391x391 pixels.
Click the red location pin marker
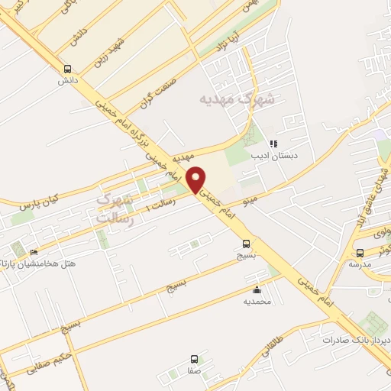[197, 179]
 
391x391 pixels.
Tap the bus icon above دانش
[67, 67]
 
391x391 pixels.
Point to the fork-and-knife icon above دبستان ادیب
[273, 143]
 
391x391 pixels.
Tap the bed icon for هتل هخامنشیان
[33, 253]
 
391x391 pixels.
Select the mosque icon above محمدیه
[256, 290]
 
